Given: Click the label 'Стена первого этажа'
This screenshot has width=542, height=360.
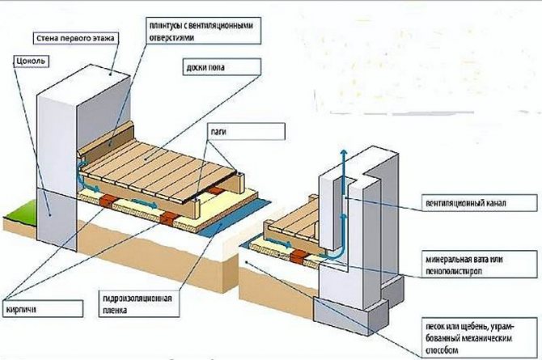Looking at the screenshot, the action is (75, 38).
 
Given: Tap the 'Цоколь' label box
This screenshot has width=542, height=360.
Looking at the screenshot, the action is (31, 61).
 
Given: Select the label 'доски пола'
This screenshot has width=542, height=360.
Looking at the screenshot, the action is (221, 67).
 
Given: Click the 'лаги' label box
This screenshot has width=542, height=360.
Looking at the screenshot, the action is (246, 132).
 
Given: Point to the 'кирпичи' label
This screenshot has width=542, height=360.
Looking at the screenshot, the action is (43, 309).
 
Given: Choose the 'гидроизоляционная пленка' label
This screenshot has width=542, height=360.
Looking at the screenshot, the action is (139, 304).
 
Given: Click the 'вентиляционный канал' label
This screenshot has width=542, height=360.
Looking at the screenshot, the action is (480, 202).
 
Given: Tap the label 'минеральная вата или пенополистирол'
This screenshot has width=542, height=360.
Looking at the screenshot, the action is (480, 265).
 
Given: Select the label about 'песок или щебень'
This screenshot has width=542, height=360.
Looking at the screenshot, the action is (480, 337).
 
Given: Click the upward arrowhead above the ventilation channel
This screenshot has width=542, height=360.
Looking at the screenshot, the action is (343, 154).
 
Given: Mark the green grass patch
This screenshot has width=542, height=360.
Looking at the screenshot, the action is (20, 210).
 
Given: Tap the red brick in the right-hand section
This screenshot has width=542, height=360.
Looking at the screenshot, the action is (297, 257).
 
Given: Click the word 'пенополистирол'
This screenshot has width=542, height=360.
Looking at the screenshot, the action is (454, 271).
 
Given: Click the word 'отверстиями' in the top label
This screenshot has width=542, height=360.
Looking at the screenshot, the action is (171, 37).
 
